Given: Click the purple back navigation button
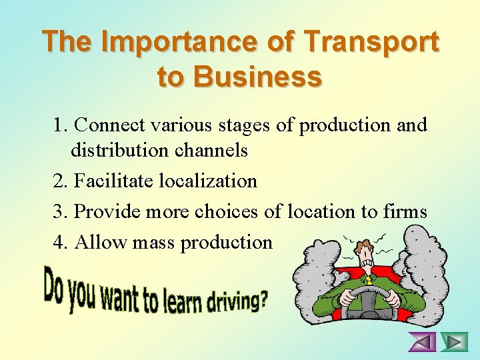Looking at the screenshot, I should tap(422, 342).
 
